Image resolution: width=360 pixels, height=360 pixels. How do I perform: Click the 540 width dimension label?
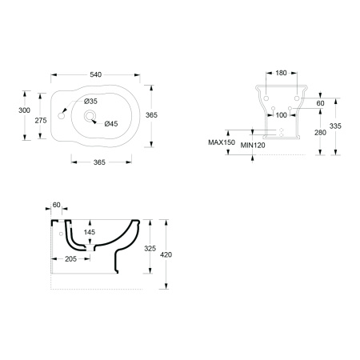click(x=95, y=74)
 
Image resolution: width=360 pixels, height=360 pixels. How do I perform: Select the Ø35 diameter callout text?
click(x=90, y=102)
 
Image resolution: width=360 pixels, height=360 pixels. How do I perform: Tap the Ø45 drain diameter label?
click(x=111, y=124)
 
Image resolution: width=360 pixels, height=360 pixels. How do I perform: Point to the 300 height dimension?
click(x=24, y=110)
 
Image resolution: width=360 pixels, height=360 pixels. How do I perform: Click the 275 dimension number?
click(x=41, y=121)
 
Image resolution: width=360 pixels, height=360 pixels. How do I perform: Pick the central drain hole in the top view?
click(x=90, y=115)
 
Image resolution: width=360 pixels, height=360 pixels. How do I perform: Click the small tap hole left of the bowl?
click(x=61, y=116)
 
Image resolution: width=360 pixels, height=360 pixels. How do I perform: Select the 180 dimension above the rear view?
click(x=281, y=73)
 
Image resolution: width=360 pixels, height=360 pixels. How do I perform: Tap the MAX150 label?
click(x=222, y=142)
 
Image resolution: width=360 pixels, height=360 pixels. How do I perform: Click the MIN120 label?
click(x=253, y=145)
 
